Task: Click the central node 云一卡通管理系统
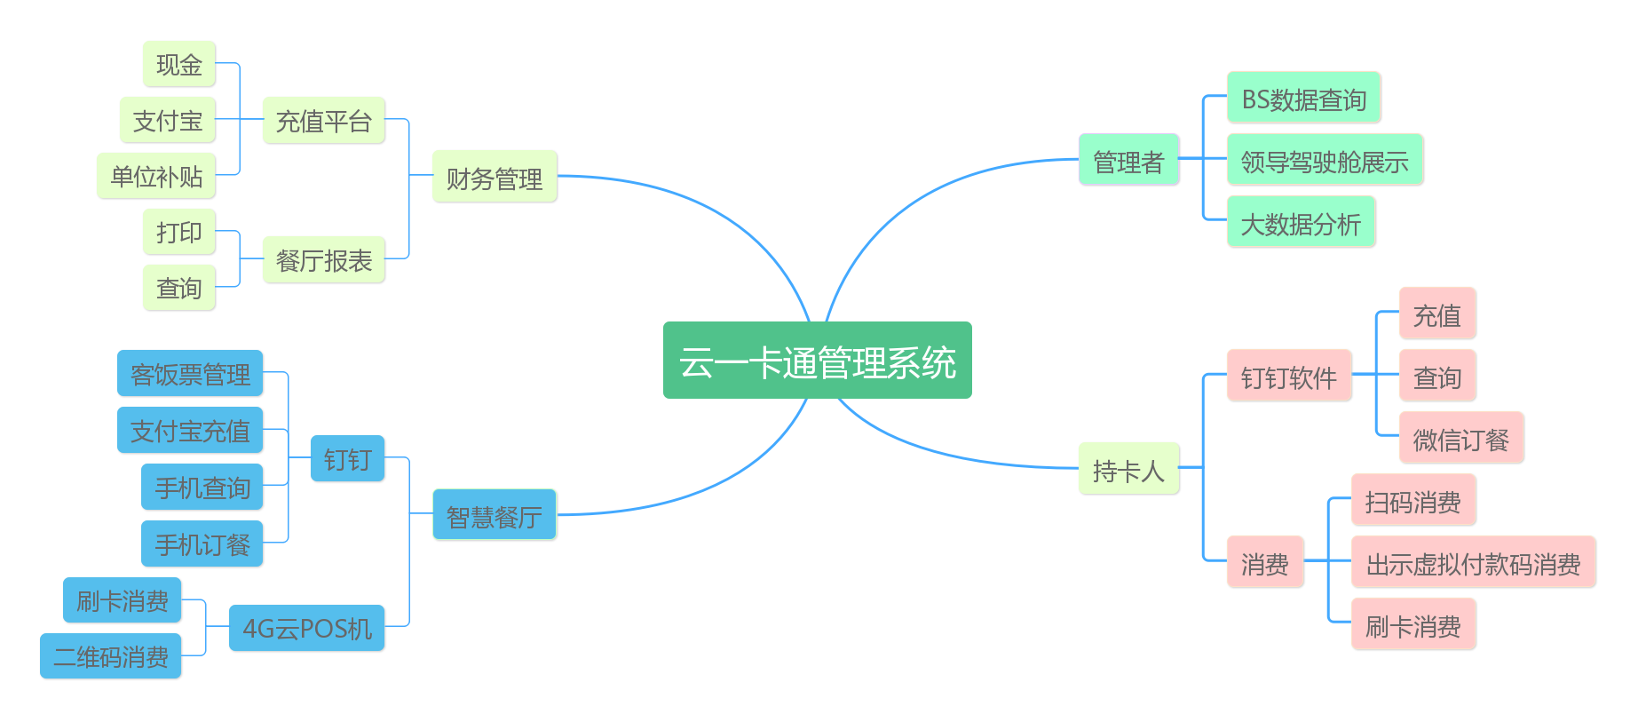coord(817,361)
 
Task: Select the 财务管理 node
coord(495,177)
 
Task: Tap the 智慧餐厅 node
coord(495,515)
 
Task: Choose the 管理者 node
coord(1128,161)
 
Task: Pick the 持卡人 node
coord(1128,469)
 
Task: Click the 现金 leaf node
coord(179,64)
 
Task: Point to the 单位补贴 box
coord(156,176)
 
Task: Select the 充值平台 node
coord(324,120)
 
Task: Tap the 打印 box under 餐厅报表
coord(179,232)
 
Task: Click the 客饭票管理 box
coord(190,374)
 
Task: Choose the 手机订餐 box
coord(202,543)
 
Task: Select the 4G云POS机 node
coord(306,628)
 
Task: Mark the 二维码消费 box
coord(111,656)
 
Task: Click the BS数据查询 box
coord(1303,99)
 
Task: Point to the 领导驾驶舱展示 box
coord(1325,161)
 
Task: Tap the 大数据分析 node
coord(1301,223)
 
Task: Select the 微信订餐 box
coord(1461,439)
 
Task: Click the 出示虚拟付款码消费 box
coord(1474,563)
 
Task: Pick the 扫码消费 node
coord(1413,501)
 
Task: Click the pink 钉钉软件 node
coord(1289,377)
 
